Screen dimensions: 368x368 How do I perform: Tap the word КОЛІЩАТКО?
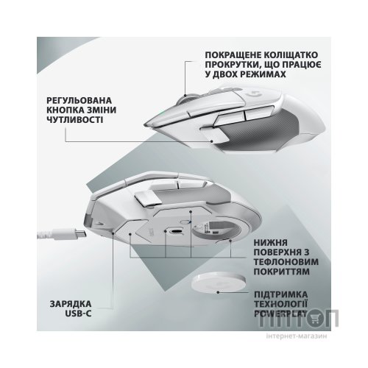(290, 54)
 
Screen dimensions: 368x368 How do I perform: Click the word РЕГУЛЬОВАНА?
(79, 101)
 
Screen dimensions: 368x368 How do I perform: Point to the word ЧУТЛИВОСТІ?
(74, 120)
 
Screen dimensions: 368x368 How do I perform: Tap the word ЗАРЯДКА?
(71, 304)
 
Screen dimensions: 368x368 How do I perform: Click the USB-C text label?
(78, 314)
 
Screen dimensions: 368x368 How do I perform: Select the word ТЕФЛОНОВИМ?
(286, 262)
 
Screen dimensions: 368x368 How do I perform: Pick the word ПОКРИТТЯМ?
(281, 272)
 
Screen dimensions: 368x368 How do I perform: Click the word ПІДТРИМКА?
(280, 294)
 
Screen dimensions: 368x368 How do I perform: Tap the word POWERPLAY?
(280, 314)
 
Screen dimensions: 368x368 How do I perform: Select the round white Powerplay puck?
(219, 283)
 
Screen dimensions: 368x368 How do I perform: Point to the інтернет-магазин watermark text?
(297, 336)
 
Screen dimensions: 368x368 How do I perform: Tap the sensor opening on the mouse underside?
(176, 232)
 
